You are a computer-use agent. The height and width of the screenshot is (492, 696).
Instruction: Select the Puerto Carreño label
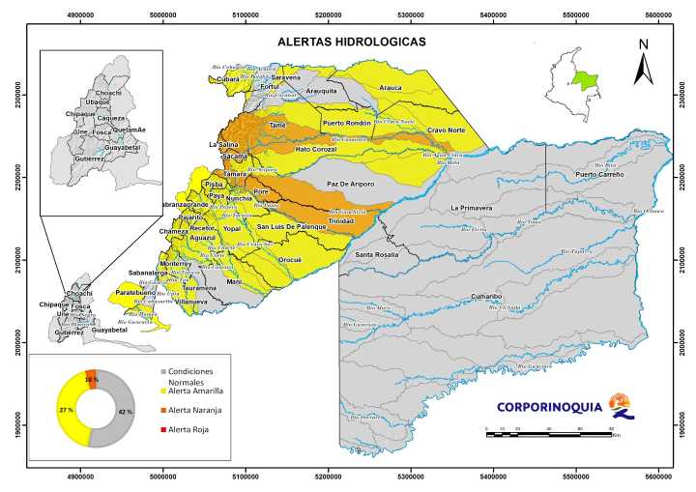[600, 175]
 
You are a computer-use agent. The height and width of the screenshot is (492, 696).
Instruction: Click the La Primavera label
[473, 208]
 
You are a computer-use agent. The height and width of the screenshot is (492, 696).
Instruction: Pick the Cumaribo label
[489, 297]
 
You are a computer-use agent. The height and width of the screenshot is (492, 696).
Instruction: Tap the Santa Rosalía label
[378, 254]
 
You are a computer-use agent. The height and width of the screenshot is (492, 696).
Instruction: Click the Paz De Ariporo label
[350, 184]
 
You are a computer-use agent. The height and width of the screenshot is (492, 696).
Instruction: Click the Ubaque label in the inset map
[98, 101]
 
